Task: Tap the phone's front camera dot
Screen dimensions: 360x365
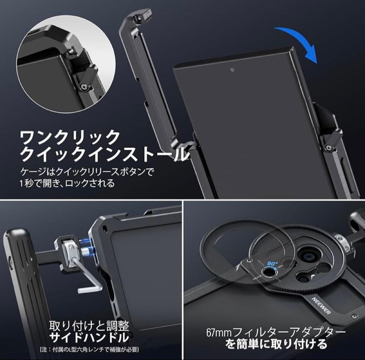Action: click(232, 70)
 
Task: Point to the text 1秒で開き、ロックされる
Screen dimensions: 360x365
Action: click(67, 184)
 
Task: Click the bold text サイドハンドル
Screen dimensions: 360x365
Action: click(89, 337)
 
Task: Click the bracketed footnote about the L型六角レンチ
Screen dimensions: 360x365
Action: click(89, 349)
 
